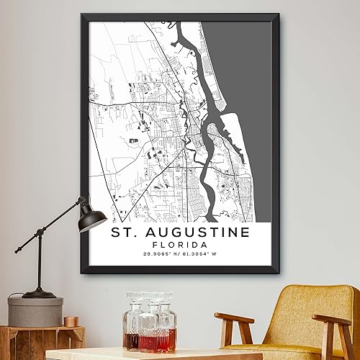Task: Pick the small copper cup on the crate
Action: [71, 320]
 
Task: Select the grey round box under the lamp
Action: [35, 311]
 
